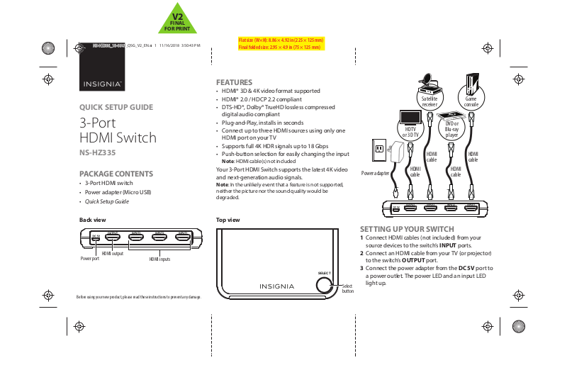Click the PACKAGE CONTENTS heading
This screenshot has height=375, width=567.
(x=116, y=174)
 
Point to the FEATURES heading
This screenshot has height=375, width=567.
(x=234, y=82)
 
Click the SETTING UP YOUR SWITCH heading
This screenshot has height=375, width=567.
(x=407, y=229)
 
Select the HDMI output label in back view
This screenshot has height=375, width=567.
(x=112, y=253)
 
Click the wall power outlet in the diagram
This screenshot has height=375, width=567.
(x=379, y=149)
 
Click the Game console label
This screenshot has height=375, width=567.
(x=471, y=101)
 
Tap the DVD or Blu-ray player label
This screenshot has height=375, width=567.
(x=451, y=130)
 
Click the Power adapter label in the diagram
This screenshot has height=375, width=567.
(x=376, y=173)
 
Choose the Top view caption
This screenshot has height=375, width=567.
(x=228, y=220)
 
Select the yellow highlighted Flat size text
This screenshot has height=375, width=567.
(x=281, y=40)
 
